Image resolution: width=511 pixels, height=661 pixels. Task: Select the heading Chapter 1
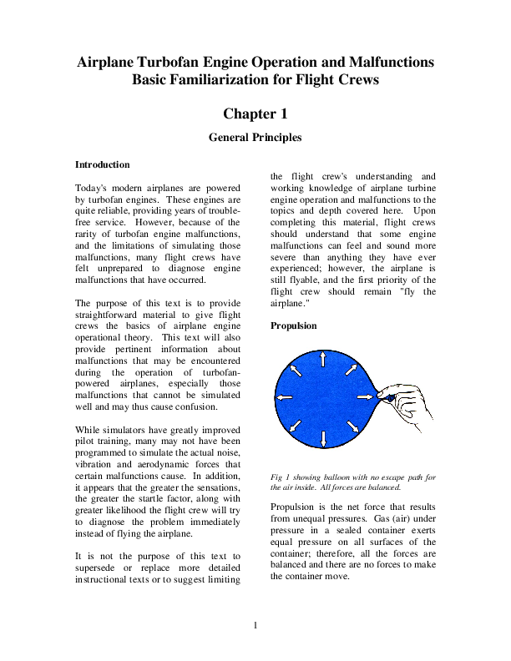[255, 113]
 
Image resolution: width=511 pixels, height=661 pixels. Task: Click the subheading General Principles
[255, 137]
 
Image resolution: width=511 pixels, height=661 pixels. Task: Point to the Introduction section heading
[102, 164]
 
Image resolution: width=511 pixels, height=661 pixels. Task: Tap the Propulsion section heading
[294, 325]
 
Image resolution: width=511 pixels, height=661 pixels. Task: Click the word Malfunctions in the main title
[392, 63]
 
